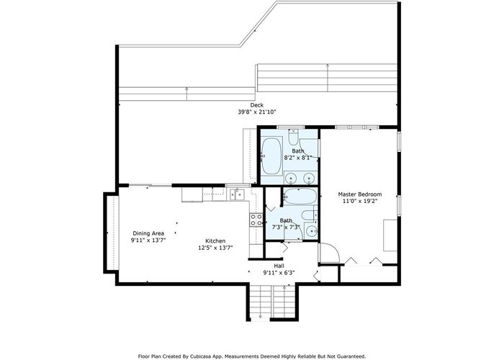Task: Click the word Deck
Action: pyautogui.click(x=257, y=105)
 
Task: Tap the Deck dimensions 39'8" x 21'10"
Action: pyautogui.click(x=257, y=112)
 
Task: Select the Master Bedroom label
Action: pyautogui.click(x=360, y=194)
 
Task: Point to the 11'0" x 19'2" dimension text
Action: pyautogui.click(x=360, y=201)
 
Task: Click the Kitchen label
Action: pyautogui.click(x=215, y=240)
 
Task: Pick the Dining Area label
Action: pyautogui.click(x=148, y=233)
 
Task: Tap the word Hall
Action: pyautogui.click(x=279, y=266)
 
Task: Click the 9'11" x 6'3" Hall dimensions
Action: pyautogui.click(x=279, y=273)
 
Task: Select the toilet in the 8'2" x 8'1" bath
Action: pyautogui.click(x=293, y=137)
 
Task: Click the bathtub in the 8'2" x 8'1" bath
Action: pyautogui.click(x=271, y=156)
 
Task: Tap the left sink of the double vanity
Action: pyautogui.click(x=291, y=178)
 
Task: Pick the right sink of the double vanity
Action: pyautogui.click(x=309, y=178)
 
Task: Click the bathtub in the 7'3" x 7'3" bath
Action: pyautogui.click(x=300, y=197)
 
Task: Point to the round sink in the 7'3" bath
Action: pyautogui.click(x=312, y=231)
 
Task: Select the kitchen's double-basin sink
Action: pyautogui.click(x=237, y=195)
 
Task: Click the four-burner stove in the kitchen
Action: pyautogui.click(x=256, y=220)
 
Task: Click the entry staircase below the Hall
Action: pyautogui.click(x=273, y=302)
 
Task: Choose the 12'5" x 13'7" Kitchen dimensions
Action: pyautogui.click(x=215, y=248)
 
